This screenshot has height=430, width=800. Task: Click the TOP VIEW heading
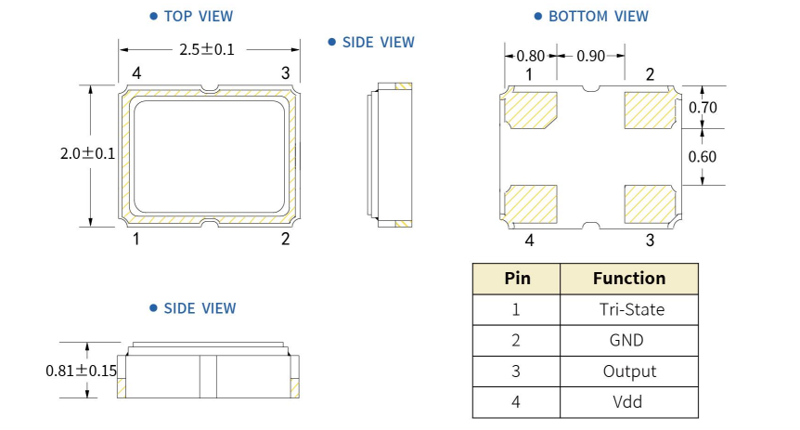pos(198,16)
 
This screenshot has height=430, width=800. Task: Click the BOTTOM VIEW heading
pos(598,16)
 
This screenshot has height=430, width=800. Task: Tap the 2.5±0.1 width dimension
pos(207,49)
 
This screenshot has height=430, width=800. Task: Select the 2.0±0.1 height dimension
pos(87,155)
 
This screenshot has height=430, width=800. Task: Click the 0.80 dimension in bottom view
pos(530,56)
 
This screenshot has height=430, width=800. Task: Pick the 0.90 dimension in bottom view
pos(591,56)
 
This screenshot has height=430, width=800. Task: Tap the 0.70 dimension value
pos(703,107)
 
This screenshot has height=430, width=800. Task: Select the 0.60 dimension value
pos(703,156)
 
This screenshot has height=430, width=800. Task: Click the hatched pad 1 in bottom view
pos(530,110)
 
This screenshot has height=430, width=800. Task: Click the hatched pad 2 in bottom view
pos(650,110)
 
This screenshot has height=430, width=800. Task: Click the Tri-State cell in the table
pos(629,309)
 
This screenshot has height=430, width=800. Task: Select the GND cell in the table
pos(629,340)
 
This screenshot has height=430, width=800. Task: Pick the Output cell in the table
pos(629,371)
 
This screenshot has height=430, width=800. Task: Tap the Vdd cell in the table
pos(629,401)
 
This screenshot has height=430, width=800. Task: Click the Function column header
pos(629,279)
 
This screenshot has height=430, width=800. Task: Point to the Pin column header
pos(517,279)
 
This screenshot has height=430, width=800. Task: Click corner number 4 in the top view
pos(136,73)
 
